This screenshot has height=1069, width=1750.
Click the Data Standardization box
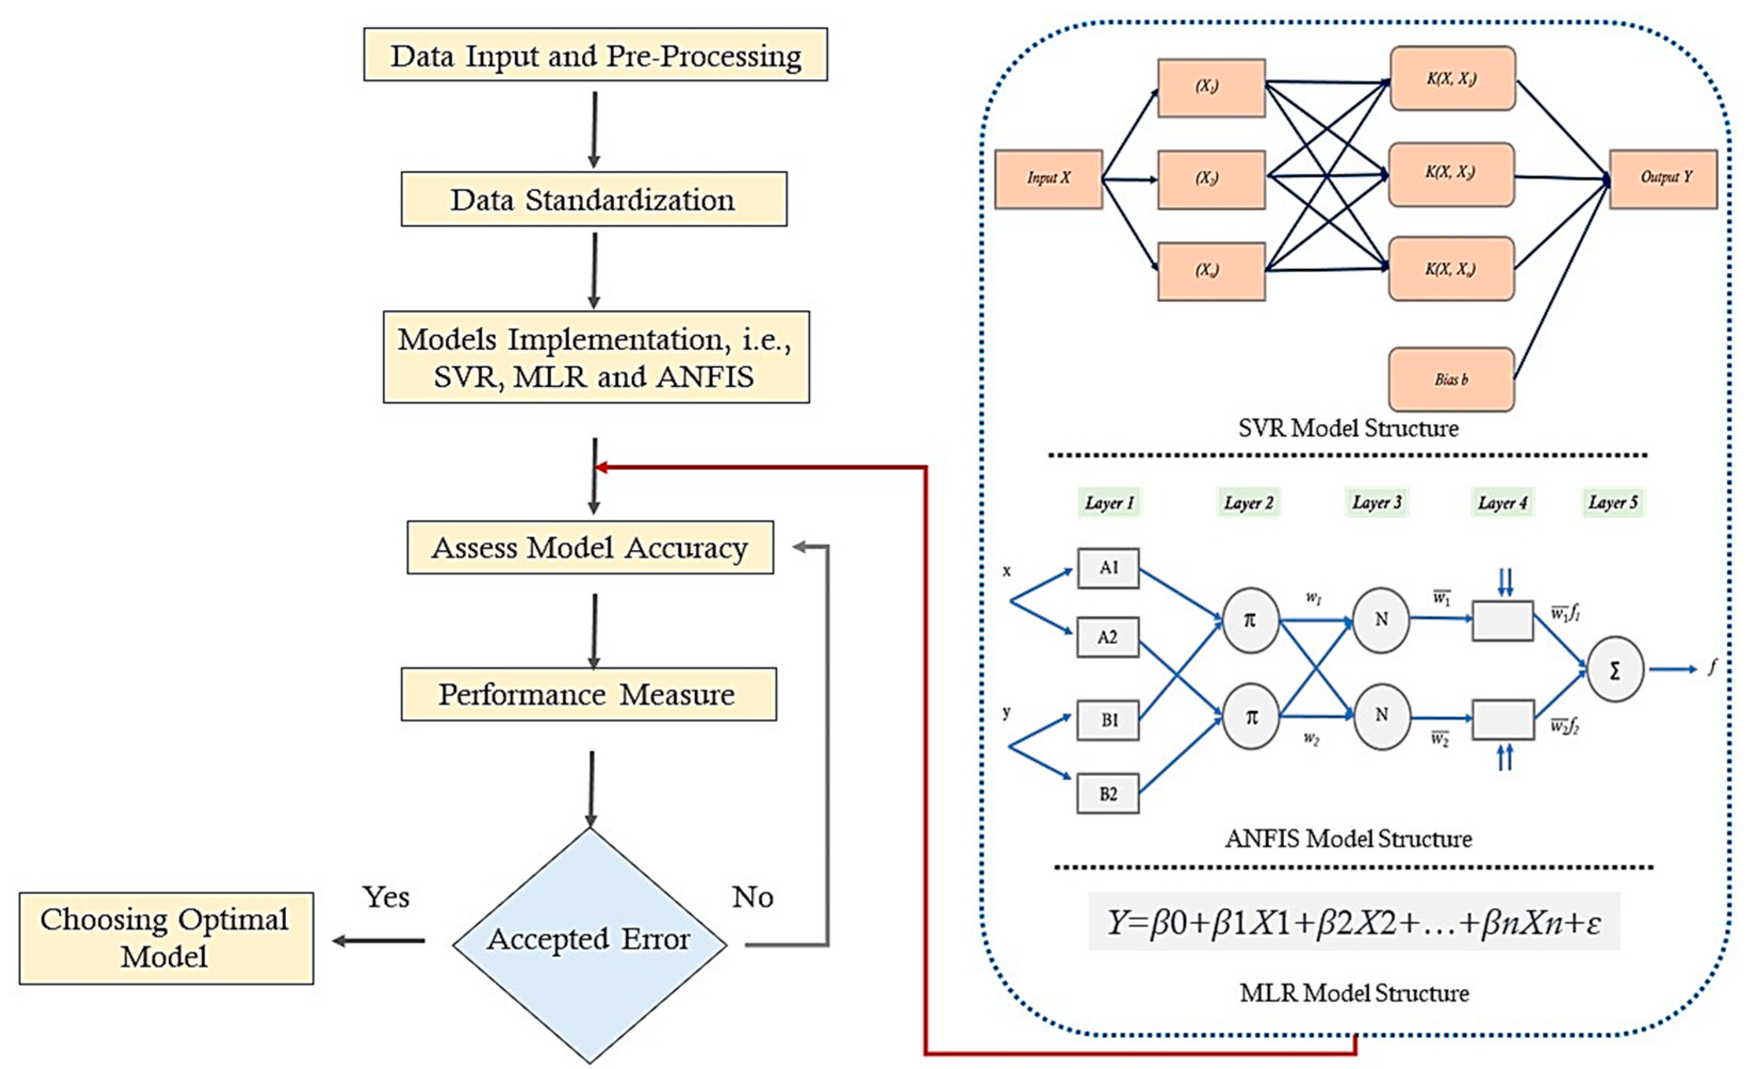tap(594, 200)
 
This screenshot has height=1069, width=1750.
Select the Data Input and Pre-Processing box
tap(595, 55)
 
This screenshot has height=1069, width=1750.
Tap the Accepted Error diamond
tap(589, 941)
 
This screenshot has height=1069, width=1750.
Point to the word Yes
tap(385, 898)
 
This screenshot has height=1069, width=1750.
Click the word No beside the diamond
tap(752, 898)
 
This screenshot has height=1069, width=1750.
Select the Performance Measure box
tap(588, 694)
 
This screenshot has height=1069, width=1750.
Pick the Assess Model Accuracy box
tap(589, 548)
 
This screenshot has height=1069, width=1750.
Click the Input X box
tap(1048, 178)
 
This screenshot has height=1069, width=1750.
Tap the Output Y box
tap(1663, 178)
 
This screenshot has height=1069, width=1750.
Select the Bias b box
tap(1451, 379)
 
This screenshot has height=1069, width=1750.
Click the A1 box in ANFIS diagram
tap(1108, 568)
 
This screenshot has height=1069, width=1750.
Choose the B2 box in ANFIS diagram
tap(1108, 793)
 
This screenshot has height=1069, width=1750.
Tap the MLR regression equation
tap(1354, 923)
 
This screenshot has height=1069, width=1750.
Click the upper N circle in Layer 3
tap(1381, 619)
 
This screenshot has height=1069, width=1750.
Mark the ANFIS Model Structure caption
tap(1348, 839)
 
